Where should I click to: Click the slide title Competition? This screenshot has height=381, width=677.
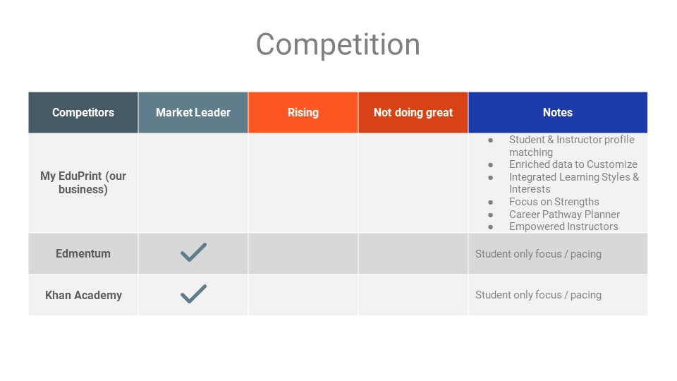tap(338, 44)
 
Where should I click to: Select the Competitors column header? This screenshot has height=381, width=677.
tap(83, 112)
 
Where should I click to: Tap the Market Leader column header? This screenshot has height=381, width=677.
tap(193, 112)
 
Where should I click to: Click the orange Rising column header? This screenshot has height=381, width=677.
tap(303, 112)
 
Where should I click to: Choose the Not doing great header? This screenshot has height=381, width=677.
tap(413, 112)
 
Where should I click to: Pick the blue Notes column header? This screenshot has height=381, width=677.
tap(558, 112)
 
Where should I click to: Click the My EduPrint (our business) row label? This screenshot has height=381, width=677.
tap(83, 183)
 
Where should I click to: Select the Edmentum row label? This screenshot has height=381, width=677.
tap(83, 253)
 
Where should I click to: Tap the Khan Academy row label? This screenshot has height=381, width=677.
tap(83, 295)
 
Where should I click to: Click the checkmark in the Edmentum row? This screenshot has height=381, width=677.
tap(193, 253)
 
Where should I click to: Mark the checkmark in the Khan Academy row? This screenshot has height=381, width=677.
tap(193, 294)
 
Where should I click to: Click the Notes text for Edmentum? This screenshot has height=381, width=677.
tap(538, 254)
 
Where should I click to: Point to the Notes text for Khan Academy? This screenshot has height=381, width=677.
tap(538, 295)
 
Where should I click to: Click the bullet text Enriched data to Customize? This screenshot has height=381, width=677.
tap(573, 164)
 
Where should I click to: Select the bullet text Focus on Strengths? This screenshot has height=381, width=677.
tap(554, 202)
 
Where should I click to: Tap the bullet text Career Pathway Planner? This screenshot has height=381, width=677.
tap(564, 214)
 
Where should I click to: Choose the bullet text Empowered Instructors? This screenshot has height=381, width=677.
tap(563, 226)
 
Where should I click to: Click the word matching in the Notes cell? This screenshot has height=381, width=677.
tap(530, 152)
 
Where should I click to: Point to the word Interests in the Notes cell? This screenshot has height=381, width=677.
tap(530, 189)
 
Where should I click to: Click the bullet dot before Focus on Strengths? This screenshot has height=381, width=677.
tap(491, 202)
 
